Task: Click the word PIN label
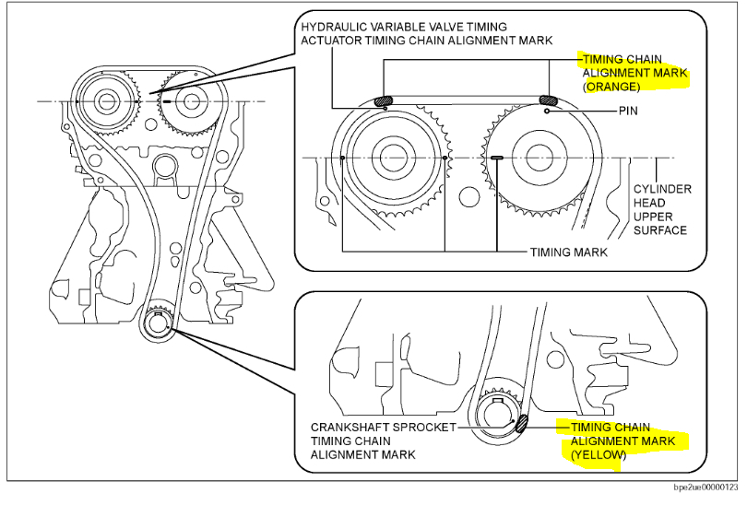tap(629, 111)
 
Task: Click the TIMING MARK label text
tap(569, 252)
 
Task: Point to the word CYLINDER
tap(662, 189)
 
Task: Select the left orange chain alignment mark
tap(385, 100)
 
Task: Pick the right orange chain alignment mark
tap(548, 100)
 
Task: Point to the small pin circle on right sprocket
tap(548, 112)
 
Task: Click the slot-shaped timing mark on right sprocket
tap(497, 158)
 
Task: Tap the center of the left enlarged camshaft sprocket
tap(395, 159)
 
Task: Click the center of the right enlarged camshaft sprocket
tap(538, 159)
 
